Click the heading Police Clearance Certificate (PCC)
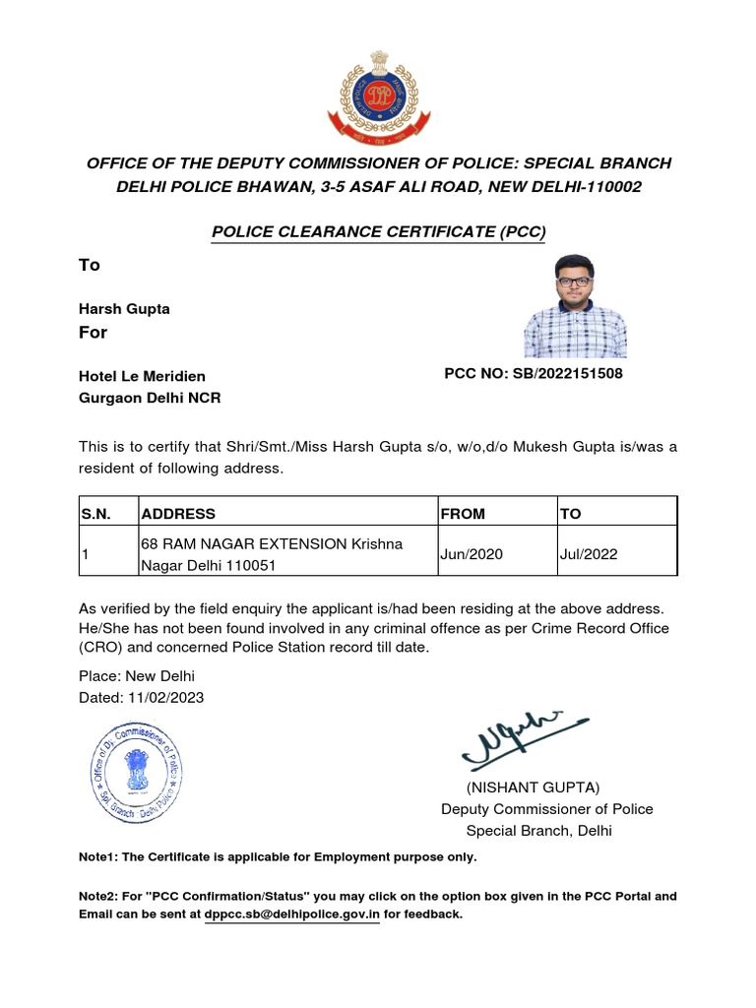[x=378, y=232]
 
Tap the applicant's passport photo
[x=575, y=306]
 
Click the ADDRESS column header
[x=178, y=513]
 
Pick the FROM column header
[x=463, y=513]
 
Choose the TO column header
[x=570, y=513]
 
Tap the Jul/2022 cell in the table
[x=588, y=554]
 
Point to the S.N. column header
[x=96, y=513]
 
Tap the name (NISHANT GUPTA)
[x=533, y=787]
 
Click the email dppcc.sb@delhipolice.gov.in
[x=292, y=914]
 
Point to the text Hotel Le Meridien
[x=142, y=376]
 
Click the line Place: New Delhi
[x=137, y=676]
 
